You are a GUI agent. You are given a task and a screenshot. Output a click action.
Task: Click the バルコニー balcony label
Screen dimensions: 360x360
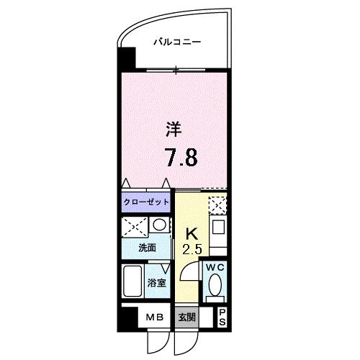click(176, 42)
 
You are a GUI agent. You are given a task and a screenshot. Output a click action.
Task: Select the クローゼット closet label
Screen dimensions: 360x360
click(146, 202)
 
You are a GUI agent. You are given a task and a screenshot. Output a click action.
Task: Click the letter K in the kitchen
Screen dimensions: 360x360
click(192, 235)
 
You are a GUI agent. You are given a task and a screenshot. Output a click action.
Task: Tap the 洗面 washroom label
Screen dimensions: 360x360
click(148, 248)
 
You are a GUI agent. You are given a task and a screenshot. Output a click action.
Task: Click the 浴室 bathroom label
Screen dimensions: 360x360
click(158, 282)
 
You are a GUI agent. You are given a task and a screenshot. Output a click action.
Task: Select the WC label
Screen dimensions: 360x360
click(214, 268)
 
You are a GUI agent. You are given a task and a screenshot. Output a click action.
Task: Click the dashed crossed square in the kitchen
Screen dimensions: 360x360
click(216, 207)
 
